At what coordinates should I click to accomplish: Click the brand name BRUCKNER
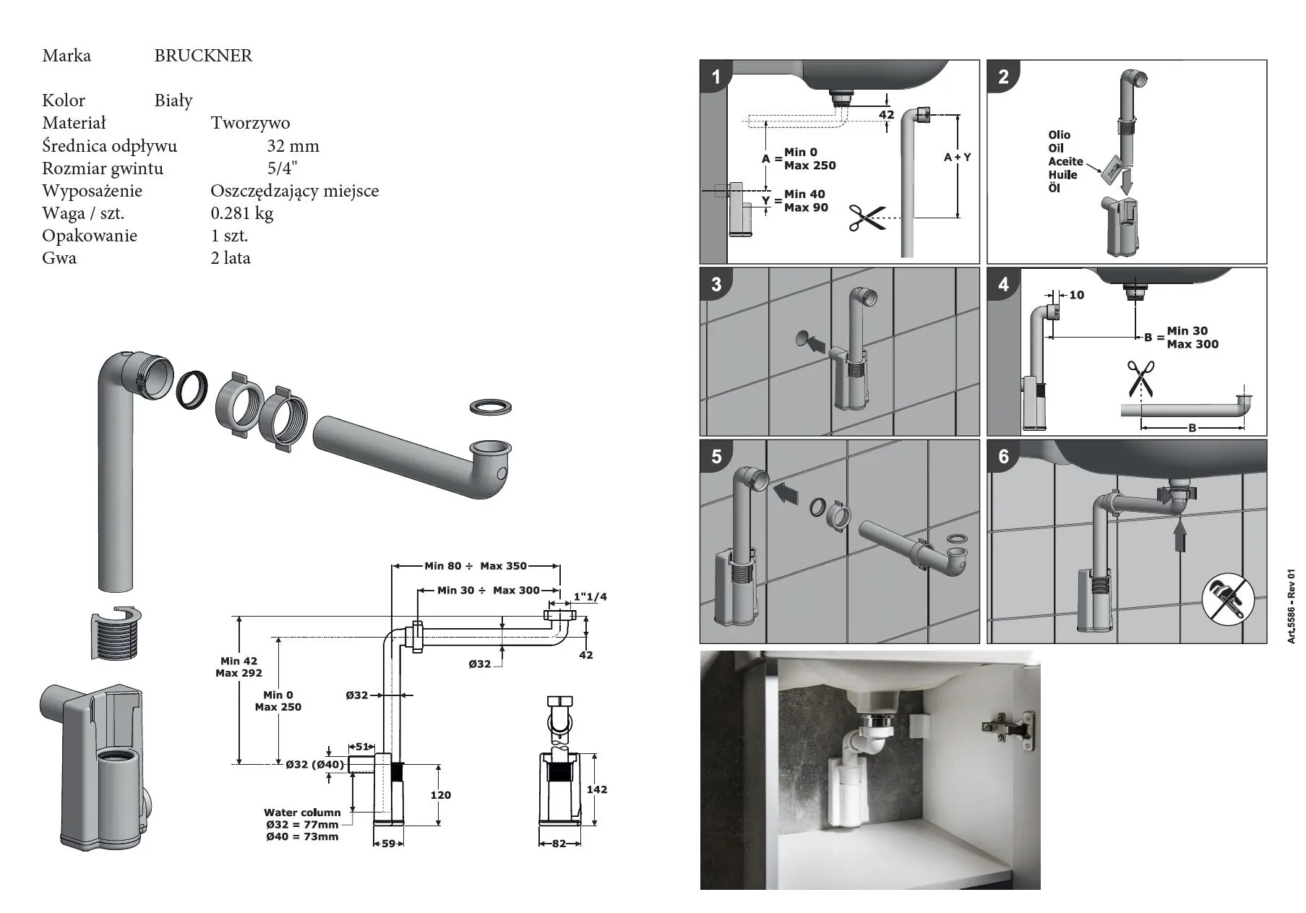tap(203, 56)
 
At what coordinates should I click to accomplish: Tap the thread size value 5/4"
tap(282, 168)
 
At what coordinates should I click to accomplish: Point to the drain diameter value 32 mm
tap(293, 146)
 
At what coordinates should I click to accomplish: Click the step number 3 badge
tap(716, 283)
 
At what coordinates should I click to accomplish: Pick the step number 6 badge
tap(1003, 456)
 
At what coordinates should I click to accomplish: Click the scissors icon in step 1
tap(867, 218)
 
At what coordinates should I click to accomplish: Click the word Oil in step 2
tap(1056, 148)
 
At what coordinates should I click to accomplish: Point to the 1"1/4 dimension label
tap(590, 597)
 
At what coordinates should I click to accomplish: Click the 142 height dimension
tap(597, 789)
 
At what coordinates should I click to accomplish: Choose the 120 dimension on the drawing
tap(440, 795)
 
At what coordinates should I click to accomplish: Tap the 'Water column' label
tap(301, 813)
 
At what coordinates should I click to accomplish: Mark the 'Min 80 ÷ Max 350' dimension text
tap(476, 566)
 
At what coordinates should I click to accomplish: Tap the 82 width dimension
tap(559, 844)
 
